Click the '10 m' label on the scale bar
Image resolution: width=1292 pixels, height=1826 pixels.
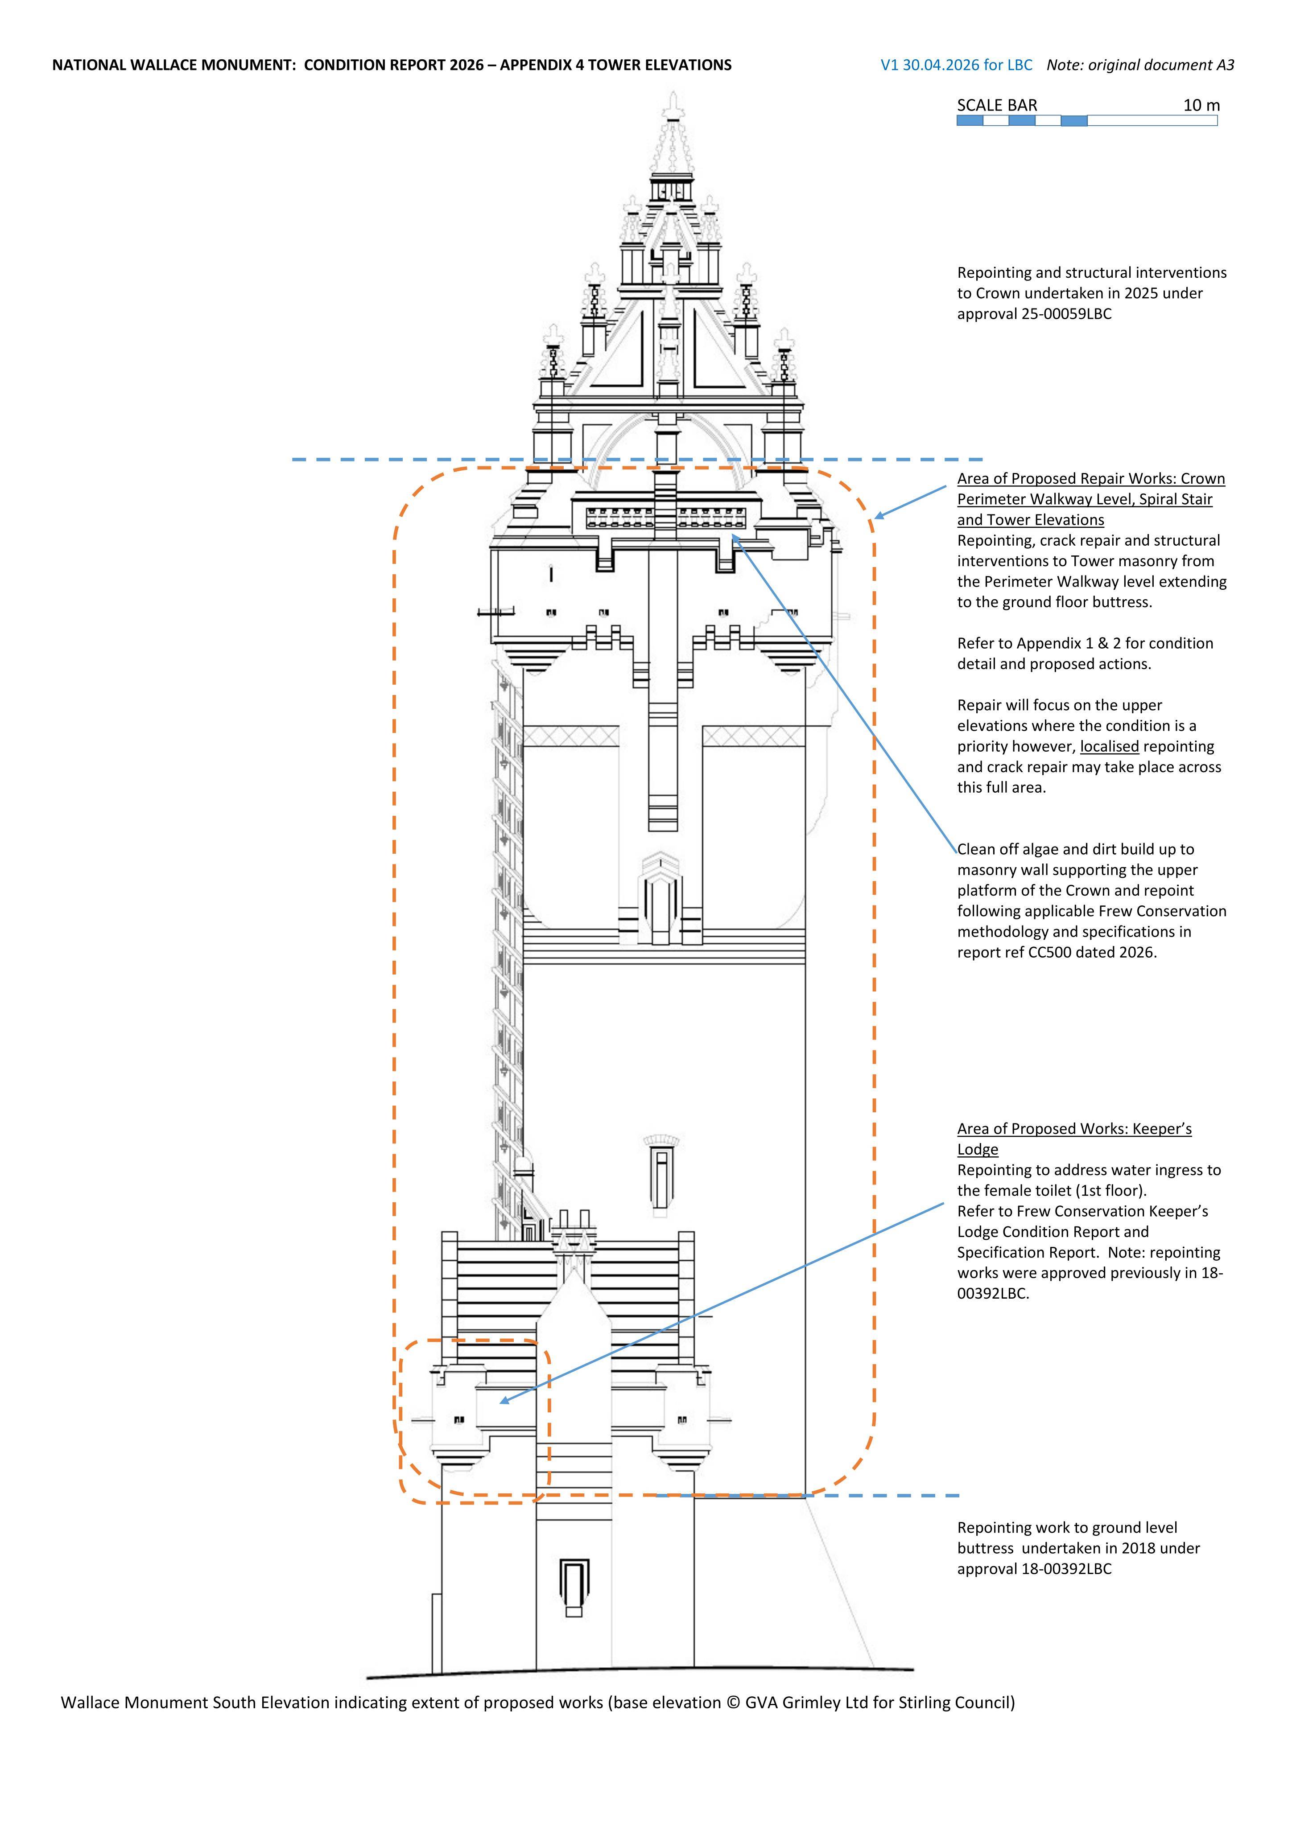[x=1201, y=105]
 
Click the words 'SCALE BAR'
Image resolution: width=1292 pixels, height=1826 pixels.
[x=997, y=105]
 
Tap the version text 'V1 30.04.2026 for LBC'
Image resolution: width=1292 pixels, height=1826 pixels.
[x=956, y=65]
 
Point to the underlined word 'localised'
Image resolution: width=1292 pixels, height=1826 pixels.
[x=1109, y=747]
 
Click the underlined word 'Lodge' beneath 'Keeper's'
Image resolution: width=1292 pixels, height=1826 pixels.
[x=978, y=1150]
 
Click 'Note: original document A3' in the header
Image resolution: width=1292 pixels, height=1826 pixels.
[x=1140, y=65]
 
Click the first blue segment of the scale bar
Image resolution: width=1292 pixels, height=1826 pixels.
[x=970, y=121]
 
